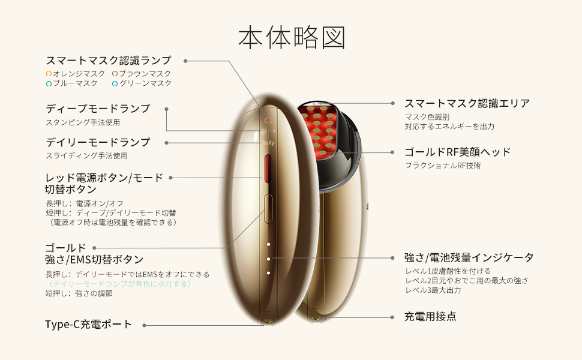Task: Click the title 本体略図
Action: pyautogui.click(x=292, y=37)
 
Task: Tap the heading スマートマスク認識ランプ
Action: pyautogui.click(x=109, y=60)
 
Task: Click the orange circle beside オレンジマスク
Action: pyautogui.click(x=49, y=74)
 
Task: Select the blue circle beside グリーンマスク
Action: pyautogui.click(x=115, y=84)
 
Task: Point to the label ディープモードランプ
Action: pyautogui.click(x=98, y=109)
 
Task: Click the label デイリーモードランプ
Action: pyautogui.click(x=98, y=142)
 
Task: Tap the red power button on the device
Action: pyautogui.click(x=268, y=169)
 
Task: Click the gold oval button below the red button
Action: pyautogui.click(x=268, y=209)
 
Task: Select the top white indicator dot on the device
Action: pyautogui.click(x=268, y=245)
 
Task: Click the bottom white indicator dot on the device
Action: pyautogui.click(x=268, y=273)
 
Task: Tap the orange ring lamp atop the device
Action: pyautogui.click(x=268, y=121)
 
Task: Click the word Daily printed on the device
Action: pyautogui.click(x=268, y=143)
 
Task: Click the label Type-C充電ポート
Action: pyautogui.click(x=88, y=325)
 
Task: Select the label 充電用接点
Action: pyautogui.click(x=430, y=317)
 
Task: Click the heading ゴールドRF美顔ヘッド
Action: pyautogui.click(x=457, y=152)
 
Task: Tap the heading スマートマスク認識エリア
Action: pyautogui.click(x=467, y=103)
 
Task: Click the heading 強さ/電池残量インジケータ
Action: pyautogui.click(x=469, y=257)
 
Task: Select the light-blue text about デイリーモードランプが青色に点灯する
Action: pyautogui.click(x=119, y=284)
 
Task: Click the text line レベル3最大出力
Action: pyautogui.click(x=433, y=290)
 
